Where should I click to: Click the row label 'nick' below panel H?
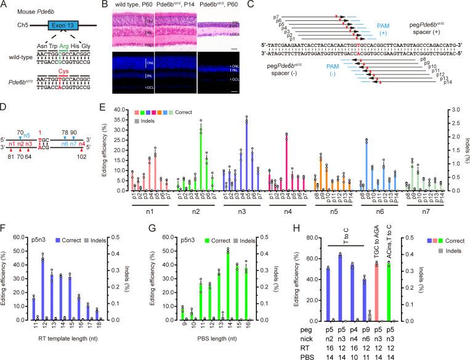(x=303, y=338)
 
